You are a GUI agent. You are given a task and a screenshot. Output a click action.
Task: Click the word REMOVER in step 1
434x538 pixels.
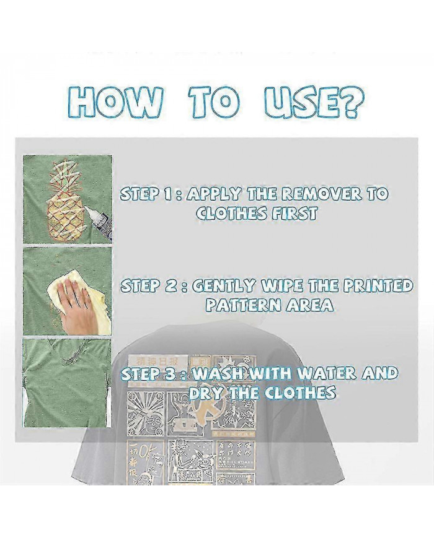pyautogui.click(x=323, y=193)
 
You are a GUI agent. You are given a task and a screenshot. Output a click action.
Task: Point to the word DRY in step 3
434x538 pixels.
pyautogui.click(x=208, y=393)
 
